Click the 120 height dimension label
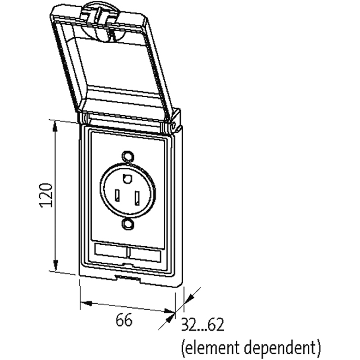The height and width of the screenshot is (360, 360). pyautogui.click(x=47, y=194)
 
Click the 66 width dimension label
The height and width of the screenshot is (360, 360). pyautogui.click(x=124, y=320)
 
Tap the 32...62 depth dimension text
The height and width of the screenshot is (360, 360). pyautogui.click(x=202, y=325)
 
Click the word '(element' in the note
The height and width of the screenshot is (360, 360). pyautogui.click(x=210, y=346)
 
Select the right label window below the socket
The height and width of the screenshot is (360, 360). pyautogui.click(x=145, y=255)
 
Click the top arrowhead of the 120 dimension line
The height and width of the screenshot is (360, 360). pyautogui.click(x=55, y=125)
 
